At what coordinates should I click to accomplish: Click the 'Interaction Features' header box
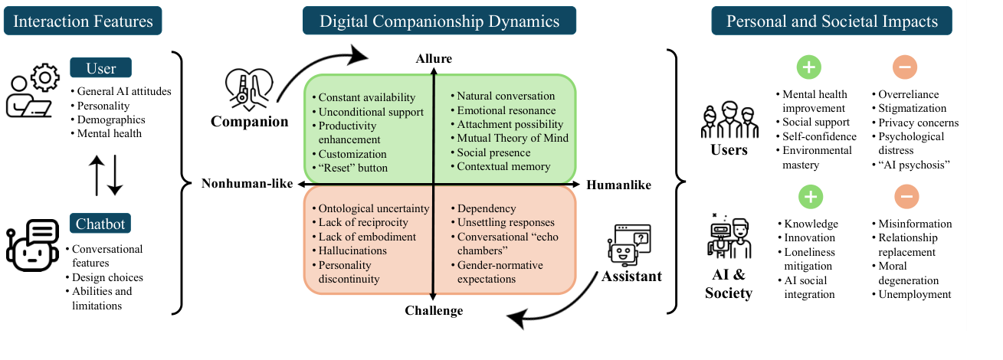click(83, 21)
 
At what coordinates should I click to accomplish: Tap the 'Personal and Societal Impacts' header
click(831, 21)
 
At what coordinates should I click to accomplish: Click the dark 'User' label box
click(100, 68)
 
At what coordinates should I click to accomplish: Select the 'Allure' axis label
click(434, 59)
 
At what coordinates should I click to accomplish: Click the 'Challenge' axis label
click(434, 310)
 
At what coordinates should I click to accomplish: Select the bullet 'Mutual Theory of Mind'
click(513, 138)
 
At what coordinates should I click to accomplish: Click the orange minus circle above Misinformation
click(905, 197)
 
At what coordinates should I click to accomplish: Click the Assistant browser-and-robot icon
click(628, 243)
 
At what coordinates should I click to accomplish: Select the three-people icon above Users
click(729, 119)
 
